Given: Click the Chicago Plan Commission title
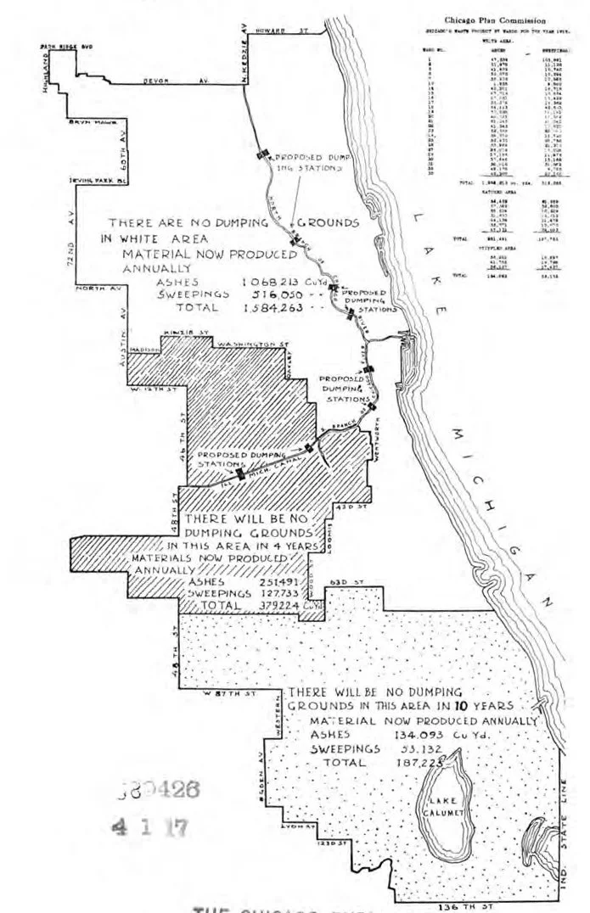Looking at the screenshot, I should (x=495, y=20).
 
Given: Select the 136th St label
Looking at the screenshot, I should (x=458, y=906).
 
